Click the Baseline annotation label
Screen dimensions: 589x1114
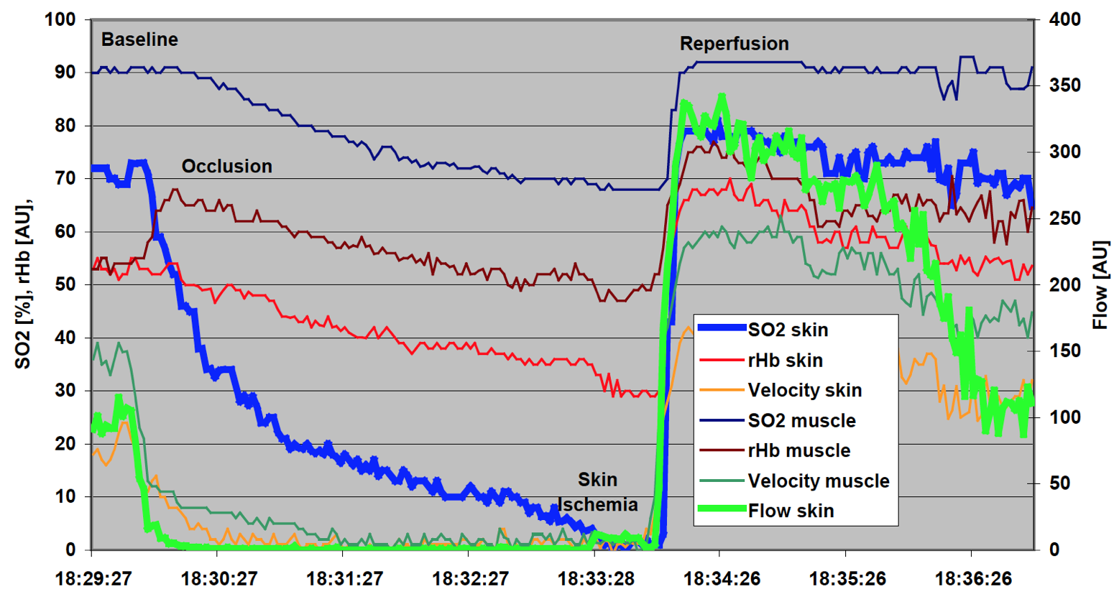(x=139, y=40)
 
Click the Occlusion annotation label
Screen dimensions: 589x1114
(x=226, y=167)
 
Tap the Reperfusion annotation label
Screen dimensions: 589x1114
(x=734, y=44)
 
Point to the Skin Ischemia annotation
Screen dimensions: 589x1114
(x=598, y=492)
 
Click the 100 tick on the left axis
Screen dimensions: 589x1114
(x=60, y=19)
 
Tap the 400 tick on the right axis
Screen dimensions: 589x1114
(x=1065, y=19)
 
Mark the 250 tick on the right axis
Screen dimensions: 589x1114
(x=1065, y=218)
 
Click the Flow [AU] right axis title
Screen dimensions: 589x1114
(x=1100, y=284)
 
